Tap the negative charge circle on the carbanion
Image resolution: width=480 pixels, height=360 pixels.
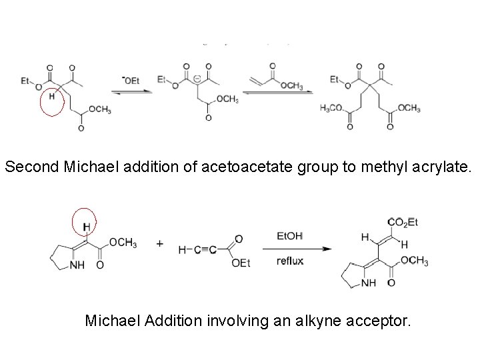tap(197, 80)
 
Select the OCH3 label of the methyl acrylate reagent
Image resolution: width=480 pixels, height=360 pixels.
tap(291, 86)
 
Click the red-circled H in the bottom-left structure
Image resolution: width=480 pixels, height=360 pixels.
tap(86, 228)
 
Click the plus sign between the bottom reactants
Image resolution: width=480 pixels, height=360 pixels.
tap(160, 244)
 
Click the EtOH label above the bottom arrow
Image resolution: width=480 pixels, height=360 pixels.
tap(289, 236)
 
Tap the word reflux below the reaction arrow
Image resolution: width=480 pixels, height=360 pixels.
tap(290, 261)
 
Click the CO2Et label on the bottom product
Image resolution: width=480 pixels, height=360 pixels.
tap(403, 222)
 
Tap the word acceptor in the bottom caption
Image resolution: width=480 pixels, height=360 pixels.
tap(377, 321)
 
